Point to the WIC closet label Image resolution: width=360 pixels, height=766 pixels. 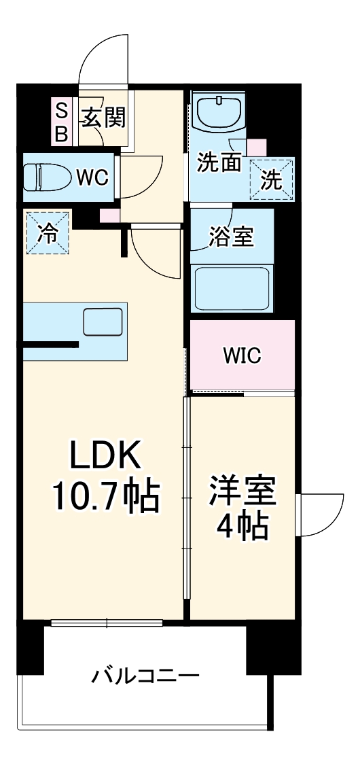242,355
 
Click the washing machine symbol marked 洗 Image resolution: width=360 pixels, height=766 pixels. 272,180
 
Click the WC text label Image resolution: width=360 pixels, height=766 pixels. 92,178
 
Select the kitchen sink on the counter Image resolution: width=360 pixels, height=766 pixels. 103,321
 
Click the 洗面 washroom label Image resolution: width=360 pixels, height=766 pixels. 219,162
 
